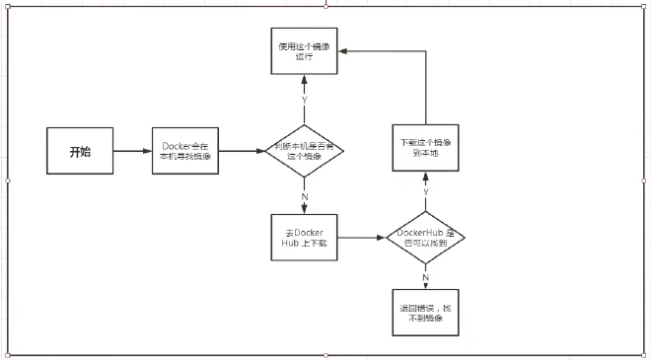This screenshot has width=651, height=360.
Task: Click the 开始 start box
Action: click(80, 152)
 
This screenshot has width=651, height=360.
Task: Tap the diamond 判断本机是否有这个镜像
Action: click(304, 151)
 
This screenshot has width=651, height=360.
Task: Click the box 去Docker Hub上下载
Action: click(304, 238)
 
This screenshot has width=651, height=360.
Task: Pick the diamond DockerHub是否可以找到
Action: click(425, 238)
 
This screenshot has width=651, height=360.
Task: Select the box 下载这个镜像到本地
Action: click(425, 147)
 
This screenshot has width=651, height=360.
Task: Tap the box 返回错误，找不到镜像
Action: click(425, 309)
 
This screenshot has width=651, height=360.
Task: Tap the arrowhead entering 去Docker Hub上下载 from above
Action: click(304, 208)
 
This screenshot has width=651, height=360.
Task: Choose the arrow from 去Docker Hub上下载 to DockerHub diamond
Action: click(362, 238)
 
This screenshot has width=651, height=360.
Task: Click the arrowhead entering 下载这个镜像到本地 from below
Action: click(425, 175)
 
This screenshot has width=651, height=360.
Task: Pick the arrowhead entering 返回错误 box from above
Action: click(425, 285)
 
